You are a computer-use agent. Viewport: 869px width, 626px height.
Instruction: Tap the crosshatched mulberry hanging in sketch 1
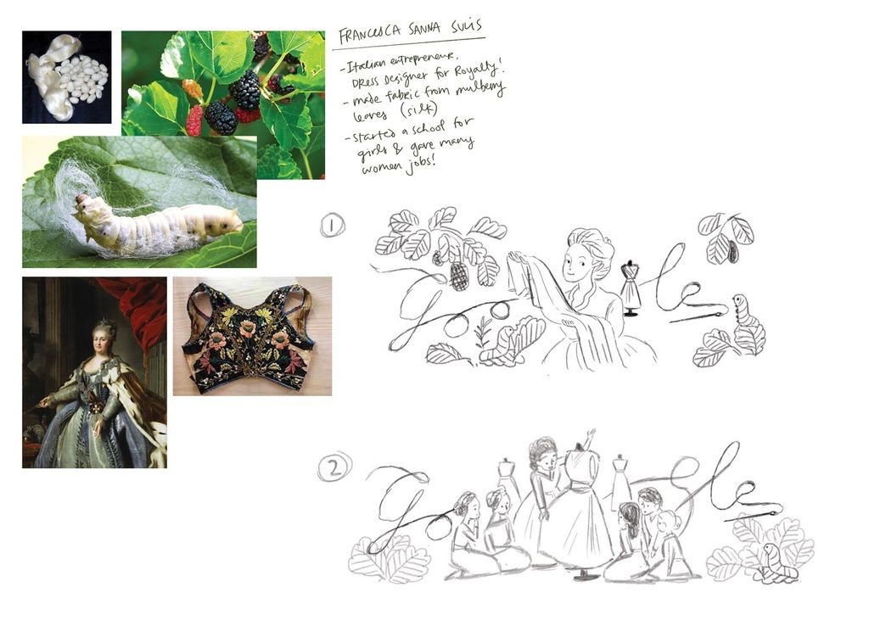point(458,276)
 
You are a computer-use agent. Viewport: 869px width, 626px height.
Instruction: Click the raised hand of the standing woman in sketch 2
point(590,435)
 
